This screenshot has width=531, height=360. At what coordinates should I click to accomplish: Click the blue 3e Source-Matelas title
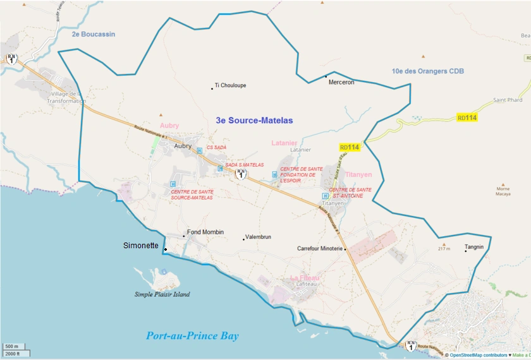[x=255, y=120]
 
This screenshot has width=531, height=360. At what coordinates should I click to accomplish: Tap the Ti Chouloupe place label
[x=230, y=85]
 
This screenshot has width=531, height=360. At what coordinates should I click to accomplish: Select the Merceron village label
[x=341, y=82]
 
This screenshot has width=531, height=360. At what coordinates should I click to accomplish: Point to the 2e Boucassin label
[x=94, y=34]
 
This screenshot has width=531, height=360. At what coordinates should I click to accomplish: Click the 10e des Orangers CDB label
[x=428, y=71]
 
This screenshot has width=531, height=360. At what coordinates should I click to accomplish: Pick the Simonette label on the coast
[x=141, y=246]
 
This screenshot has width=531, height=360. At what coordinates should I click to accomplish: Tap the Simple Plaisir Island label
[x=162, y=294]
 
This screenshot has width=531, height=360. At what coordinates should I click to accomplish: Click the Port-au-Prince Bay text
[x=192, y=336]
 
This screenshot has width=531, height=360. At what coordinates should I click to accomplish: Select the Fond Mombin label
[x=205, y=232]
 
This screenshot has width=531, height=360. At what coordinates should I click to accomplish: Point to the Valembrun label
[x=257, y=237]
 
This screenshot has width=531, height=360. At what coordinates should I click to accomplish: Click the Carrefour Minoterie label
[x=319, y=249]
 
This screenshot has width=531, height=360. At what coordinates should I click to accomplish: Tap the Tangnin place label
[x=475, y=247]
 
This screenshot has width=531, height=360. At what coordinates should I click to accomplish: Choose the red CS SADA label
[x=216, y=147]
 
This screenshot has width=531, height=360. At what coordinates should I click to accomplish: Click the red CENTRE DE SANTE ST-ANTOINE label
[x=350, y=193]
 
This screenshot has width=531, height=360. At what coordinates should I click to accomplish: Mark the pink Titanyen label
[x=359, y=175]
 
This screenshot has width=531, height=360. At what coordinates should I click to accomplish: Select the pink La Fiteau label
[x=305, y=278]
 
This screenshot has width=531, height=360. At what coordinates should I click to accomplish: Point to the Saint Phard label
[x=508, y=100]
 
